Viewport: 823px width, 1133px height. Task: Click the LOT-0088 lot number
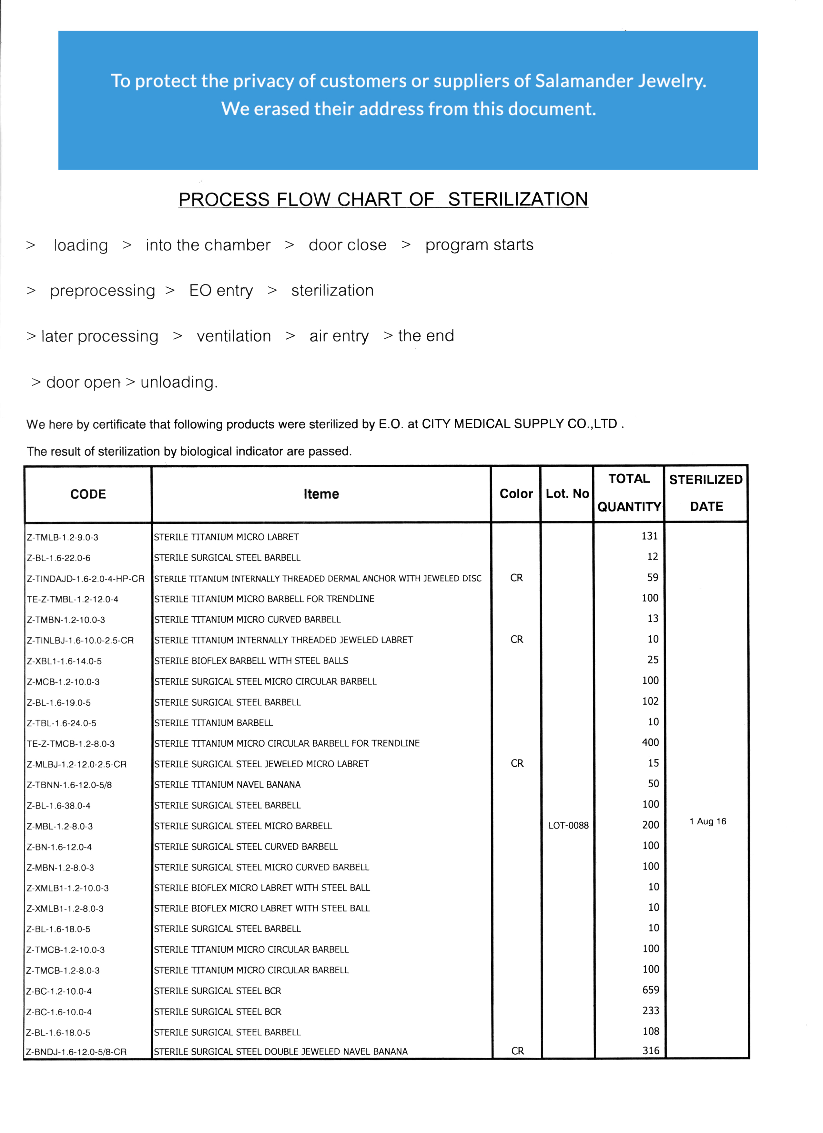pyautogui.click(x=568, y=825)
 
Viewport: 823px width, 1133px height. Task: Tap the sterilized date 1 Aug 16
pyautogui.click(x=707, y=821)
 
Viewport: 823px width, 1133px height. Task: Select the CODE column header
pyautogui.click(x=88, y=494)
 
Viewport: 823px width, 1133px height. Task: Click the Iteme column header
pyautogui.click(x=321, y=494)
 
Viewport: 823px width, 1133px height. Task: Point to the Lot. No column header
pyautogui.click(x=567, y=493)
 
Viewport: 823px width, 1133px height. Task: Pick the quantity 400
pyautogui.click(x=650, y=742)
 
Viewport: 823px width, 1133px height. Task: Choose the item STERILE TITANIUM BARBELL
pyautogui.click(x=214, y=722)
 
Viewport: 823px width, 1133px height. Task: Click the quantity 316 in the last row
pyautogui.click(x=651, y=1050)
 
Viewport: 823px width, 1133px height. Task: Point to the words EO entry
pyautogui.click(x=221, y=290)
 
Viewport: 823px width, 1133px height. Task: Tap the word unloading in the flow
pyautogui.click(x=178, y=382)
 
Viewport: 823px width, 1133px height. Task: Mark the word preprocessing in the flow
pyautogui.click(x=103, y=291)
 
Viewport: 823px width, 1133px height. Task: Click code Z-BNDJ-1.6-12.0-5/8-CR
pyautogui.click(x=76, y=1052)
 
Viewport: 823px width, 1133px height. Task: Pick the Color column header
pyautogui.click(x=516, y=493)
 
